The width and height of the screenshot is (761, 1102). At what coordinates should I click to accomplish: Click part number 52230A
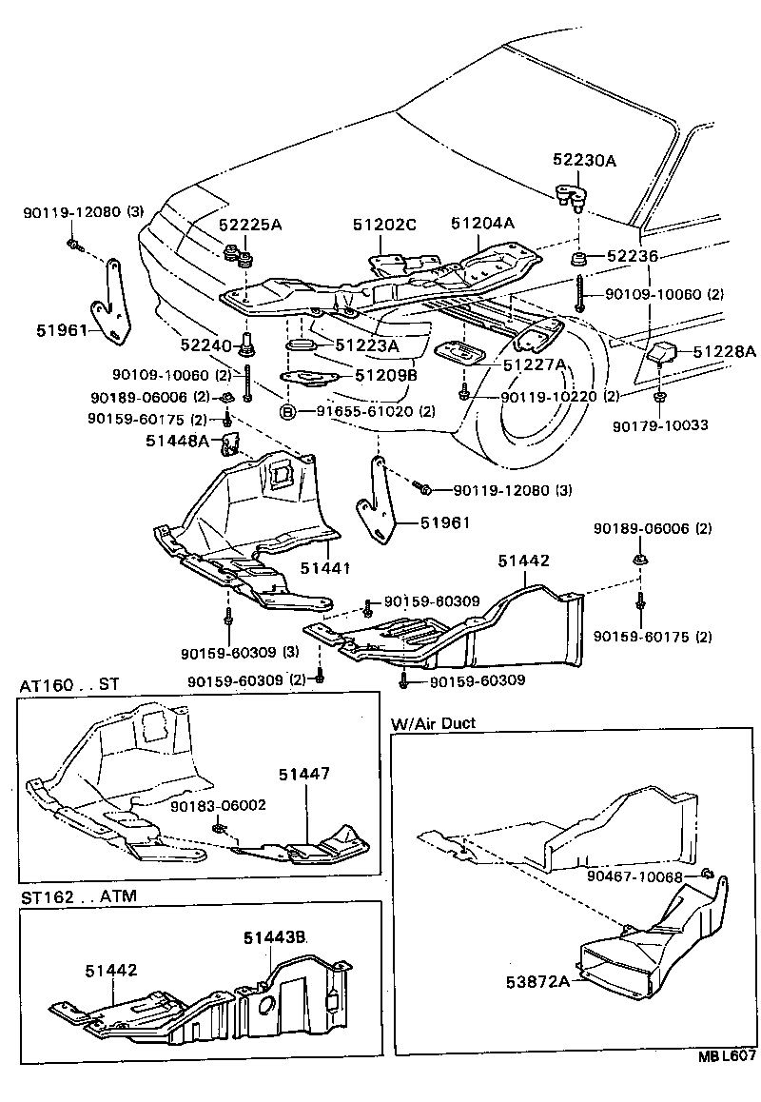pyautogui.click(x=584, y=161)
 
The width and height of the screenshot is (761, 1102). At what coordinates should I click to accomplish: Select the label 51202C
pyautogui.click(x=384, y=226)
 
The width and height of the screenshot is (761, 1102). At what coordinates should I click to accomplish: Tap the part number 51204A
pyautogui.click(x=482, y=224)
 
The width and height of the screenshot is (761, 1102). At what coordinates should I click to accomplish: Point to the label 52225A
pyautogui.click(x=250, y=226)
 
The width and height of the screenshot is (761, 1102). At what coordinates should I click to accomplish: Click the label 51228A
pyautogui.click(x=724, y=352)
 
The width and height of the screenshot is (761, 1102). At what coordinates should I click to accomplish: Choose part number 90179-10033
pyautogui.click(x=660, y=425)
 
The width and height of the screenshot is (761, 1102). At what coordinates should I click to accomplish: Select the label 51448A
pyautogui.click(x=177, y=441)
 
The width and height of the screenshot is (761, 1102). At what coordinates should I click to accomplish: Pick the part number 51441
pyautogui.click(x=325, y=568)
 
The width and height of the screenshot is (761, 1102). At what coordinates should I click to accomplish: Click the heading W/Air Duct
pyautogui.click(x=433, y=723)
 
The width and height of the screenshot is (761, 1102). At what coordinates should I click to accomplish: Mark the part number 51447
pyautogui.click(x=304, y=775)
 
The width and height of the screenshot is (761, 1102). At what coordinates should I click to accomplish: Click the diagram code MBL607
pyautogui.click(x=728, y=1081)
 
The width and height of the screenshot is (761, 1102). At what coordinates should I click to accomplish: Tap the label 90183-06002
pyautogui.click(x=218, y=805)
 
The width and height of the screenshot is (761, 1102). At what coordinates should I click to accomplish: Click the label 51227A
pyautogui.click(x=534, y=364)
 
